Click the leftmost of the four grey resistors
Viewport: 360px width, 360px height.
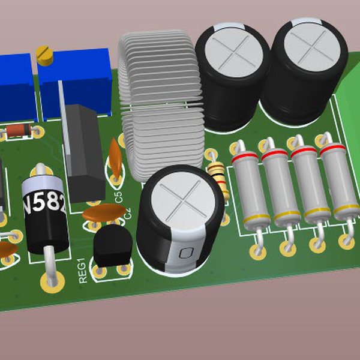(x=250, y=185)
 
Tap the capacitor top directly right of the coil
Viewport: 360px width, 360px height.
(x=232, y=52)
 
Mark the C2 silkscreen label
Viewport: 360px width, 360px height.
(x=127, y=214)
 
